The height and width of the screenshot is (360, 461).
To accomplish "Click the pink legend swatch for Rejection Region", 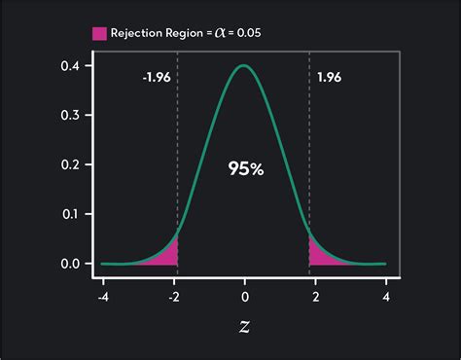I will coord(100,33).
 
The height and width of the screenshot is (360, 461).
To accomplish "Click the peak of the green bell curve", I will coord(244,67).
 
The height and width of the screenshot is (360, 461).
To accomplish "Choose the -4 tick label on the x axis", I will coord(103,296).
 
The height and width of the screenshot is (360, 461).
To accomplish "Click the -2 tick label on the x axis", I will coord(174,296).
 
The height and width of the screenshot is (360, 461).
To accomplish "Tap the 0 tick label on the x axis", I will coord(244,296).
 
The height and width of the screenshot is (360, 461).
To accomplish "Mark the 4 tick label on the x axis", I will coord(386,296).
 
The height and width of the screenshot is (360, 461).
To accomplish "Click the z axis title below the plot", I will coord(244,330).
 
